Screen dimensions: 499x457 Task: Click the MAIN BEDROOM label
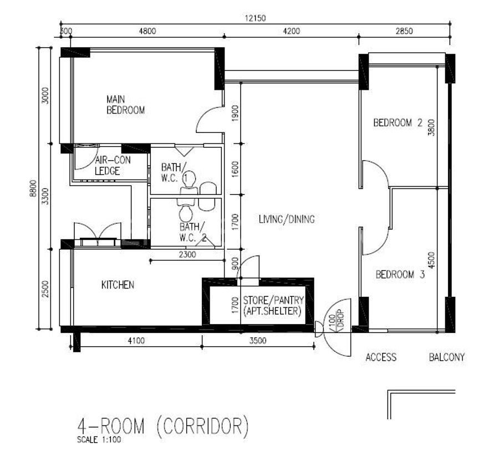point(125,105)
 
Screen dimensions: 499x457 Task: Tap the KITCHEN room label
point(118,285)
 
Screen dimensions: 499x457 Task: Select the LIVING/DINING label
point(287,219)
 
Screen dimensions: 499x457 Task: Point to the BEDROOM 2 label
point(398,122)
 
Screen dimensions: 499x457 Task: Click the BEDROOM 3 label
point(400,274)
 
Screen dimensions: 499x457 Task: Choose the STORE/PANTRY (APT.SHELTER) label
point(273,306)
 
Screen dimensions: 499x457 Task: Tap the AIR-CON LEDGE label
point(113,166)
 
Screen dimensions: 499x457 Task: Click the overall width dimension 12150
point(255,18)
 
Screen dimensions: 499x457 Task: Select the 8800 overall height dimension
point(33,188)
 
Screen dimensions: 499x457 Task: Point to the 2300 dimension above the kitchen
point(187,254)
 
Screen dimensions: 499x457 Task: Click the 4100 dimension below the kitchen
point(136,341)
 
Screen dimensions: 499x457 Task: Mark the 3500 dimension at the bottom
point(258,341)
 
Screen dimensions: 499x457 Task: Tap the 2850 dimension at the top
point(404,31)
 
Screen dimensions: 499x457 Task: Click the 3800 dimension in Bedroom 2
point(431,127)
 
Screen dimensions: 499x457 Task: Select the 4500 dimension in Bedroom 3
point(431,260)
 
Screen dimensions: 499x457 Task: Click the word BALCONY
point(447,357)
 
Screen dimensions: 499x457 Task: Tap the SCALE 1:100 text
point(99,440)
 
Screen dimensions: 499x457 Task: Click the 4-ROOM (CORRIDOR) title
point(163,427)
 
